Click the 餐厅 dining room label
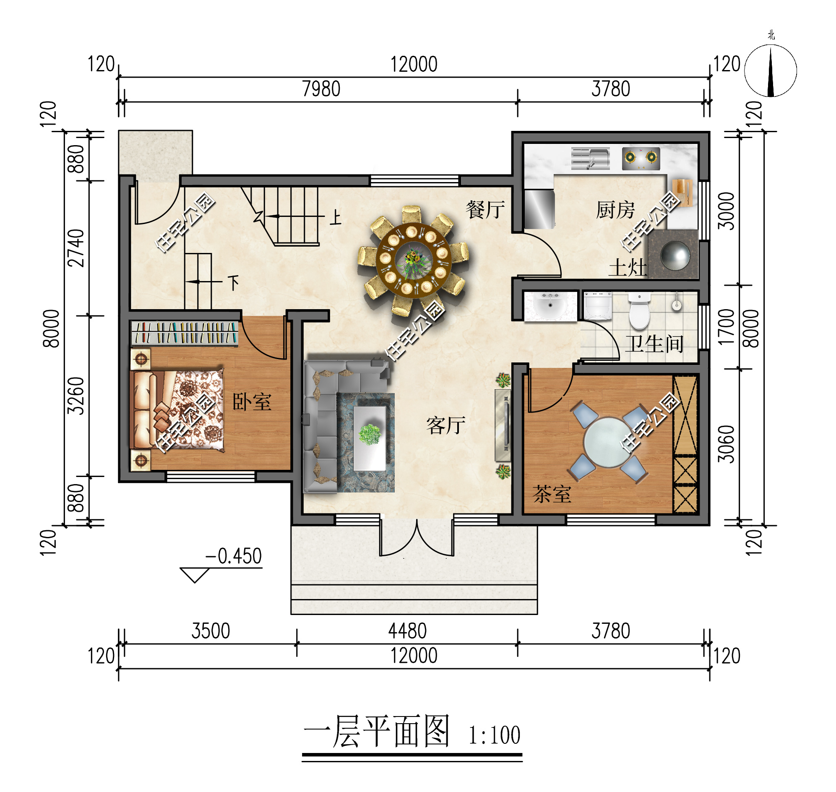pyautogui.click(x=485, y=210)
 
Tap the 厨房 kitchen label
pyautogui.click(x=615, y=210)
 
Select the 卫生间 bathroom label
pyautogui.click(x=654, y=344)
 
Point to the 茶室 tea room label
pyautogui.click(x=552, y=494)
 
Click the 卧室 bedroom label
pyautogui.click(x=252, y=401)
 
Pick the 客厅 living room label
pyautogui.click(x=446, y=425)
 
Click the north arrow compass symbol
pyautogui.click(x=771, y=70)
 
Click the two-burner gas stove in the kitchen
pyautogui.click(x=641, y=158)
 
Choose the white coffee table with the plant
pyautogui.click(x=370, y=438)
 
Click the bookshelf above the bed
pyautogui.click(x=185, y=333)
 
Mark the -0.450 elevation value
pyautogui.click(x=234, y=556)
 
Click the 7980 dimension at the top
pyautogui.click(x=321, y=89)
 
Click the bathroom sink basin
pyautogui.click(x=550, y=305)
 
